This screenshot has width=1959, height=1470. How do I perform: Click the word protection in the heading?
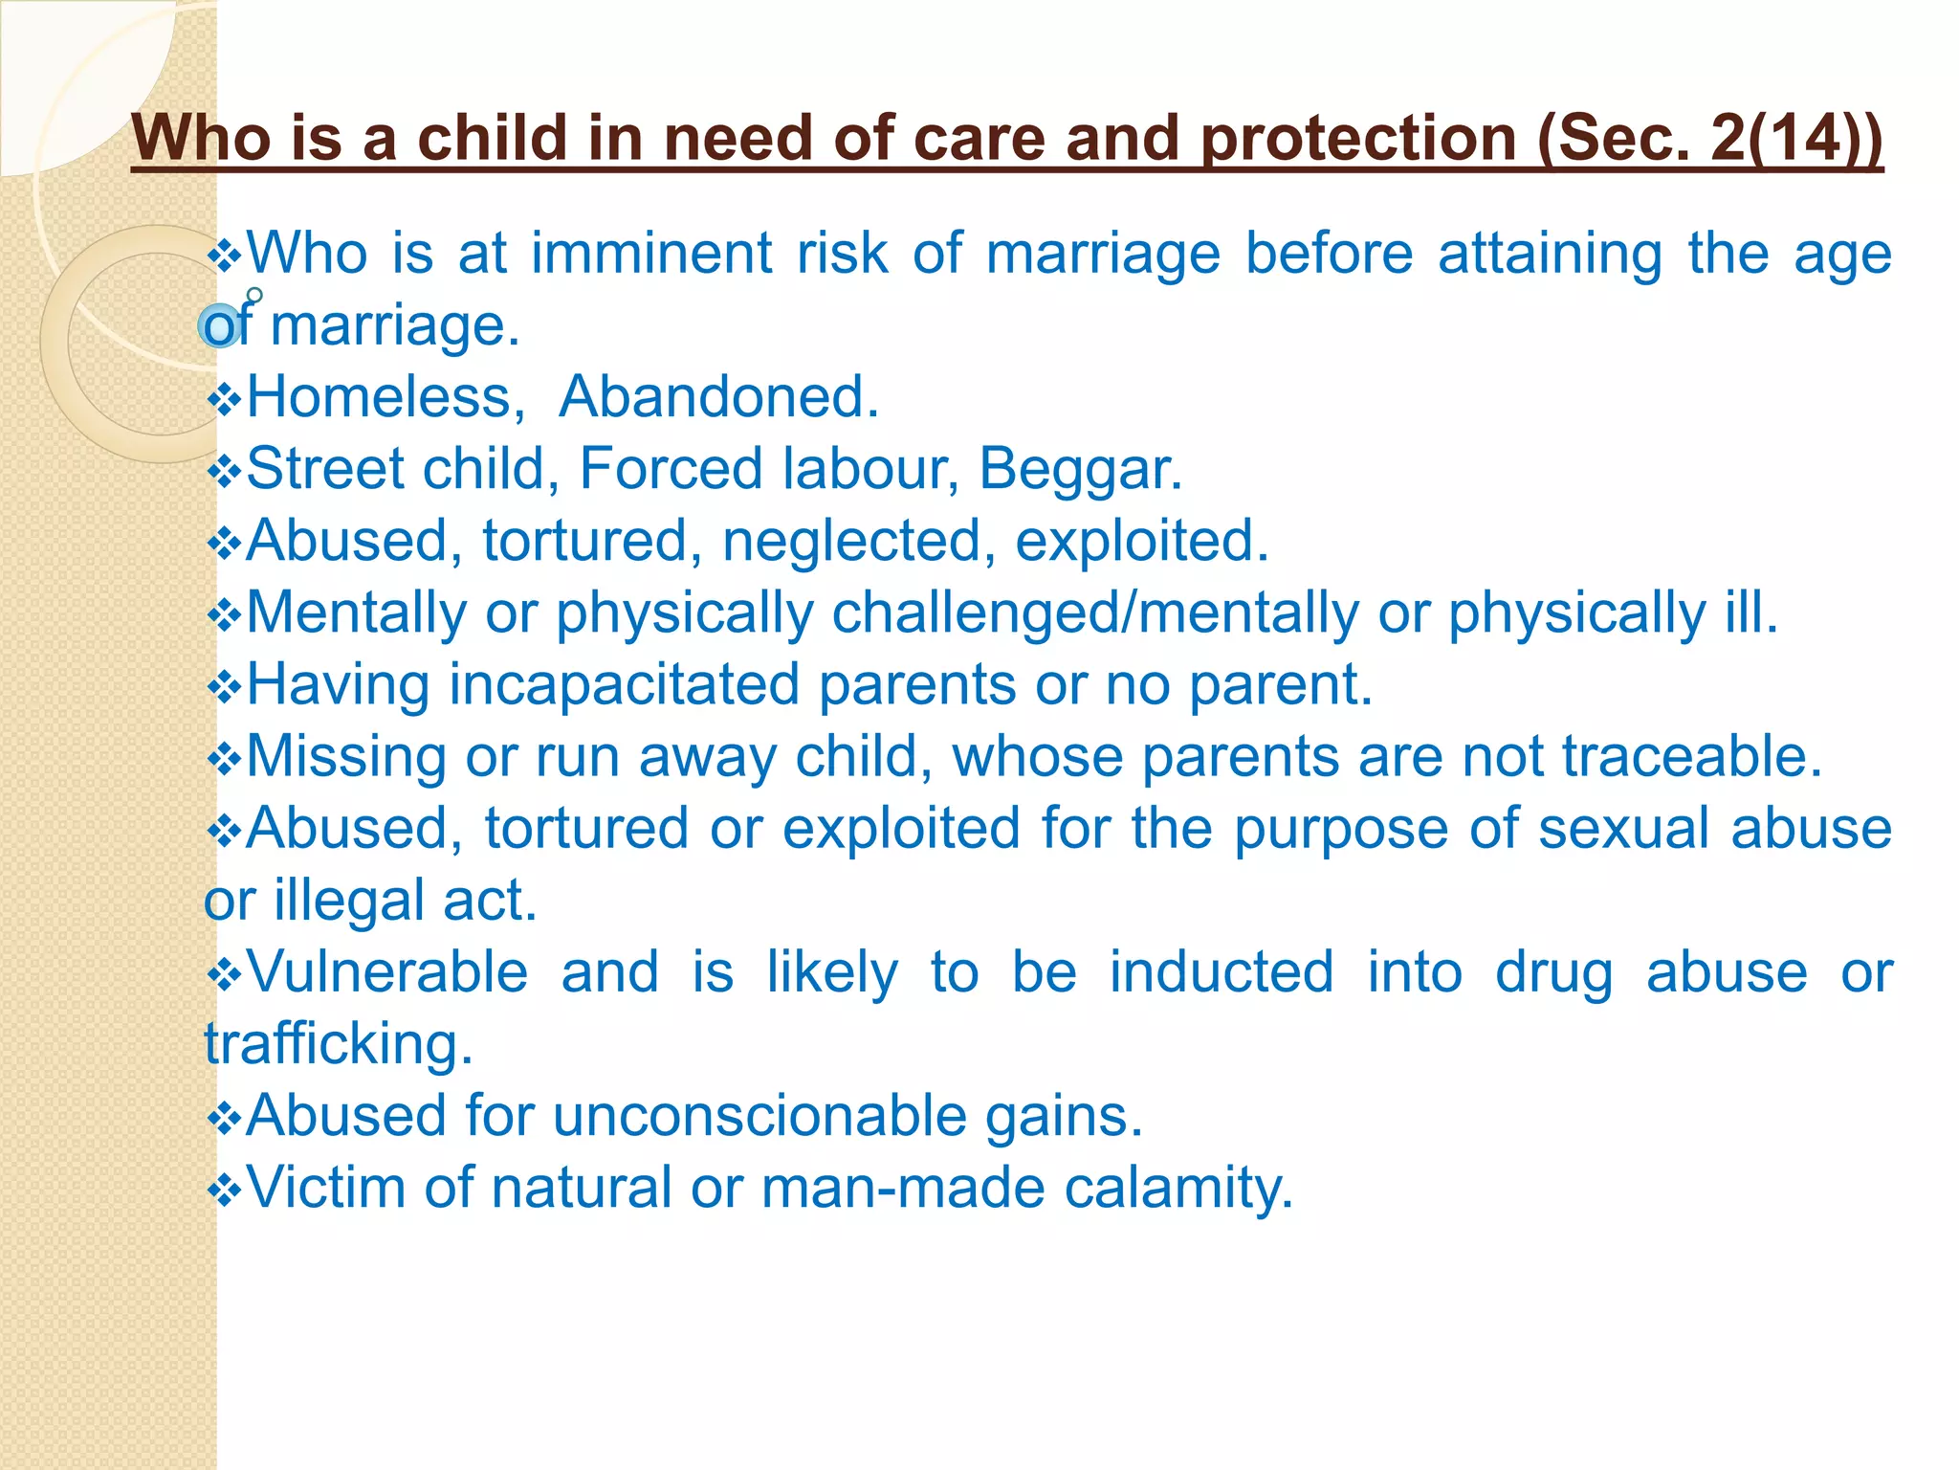pos(1358,138)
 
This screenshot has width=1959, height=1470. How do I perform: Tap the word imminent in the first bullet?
pos(651,254)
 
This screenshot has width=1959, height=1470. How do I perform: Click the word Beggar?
pos(1080,469)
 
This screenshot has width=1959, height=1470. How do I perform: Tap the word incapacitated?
pos(625,685)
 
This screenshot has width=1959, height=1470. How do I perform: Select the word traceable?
pos(1691,757)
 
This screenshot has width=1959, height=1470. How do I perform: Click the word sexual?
pos(1622,829)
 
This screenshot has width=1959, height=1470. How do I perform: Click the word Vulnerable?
pos(387,972)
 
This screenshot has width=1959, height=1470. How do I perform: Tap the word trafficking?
pos(339,1044)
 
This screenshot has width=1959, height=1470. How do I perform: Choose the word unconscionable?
pos(759,1116)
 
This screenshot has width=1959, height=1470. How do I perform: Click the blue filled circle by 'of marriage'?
pos(220,326)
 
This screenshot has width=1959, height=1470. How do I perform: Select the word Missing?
pos(346,757)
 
